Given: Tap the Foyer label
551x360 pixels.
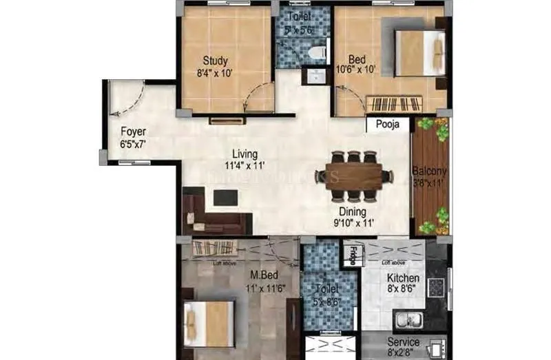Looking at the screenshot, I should click(133, 131).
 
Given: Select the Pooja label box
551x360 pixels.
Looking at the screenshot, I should click(386, 125).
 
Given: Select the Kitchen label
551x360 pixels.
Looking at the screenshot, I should click(403, 278).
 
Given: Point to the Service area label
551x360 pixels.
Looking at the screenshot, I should click(403, 341).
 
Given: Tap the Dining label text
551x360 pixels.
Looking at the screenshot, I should click(352, 212).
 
